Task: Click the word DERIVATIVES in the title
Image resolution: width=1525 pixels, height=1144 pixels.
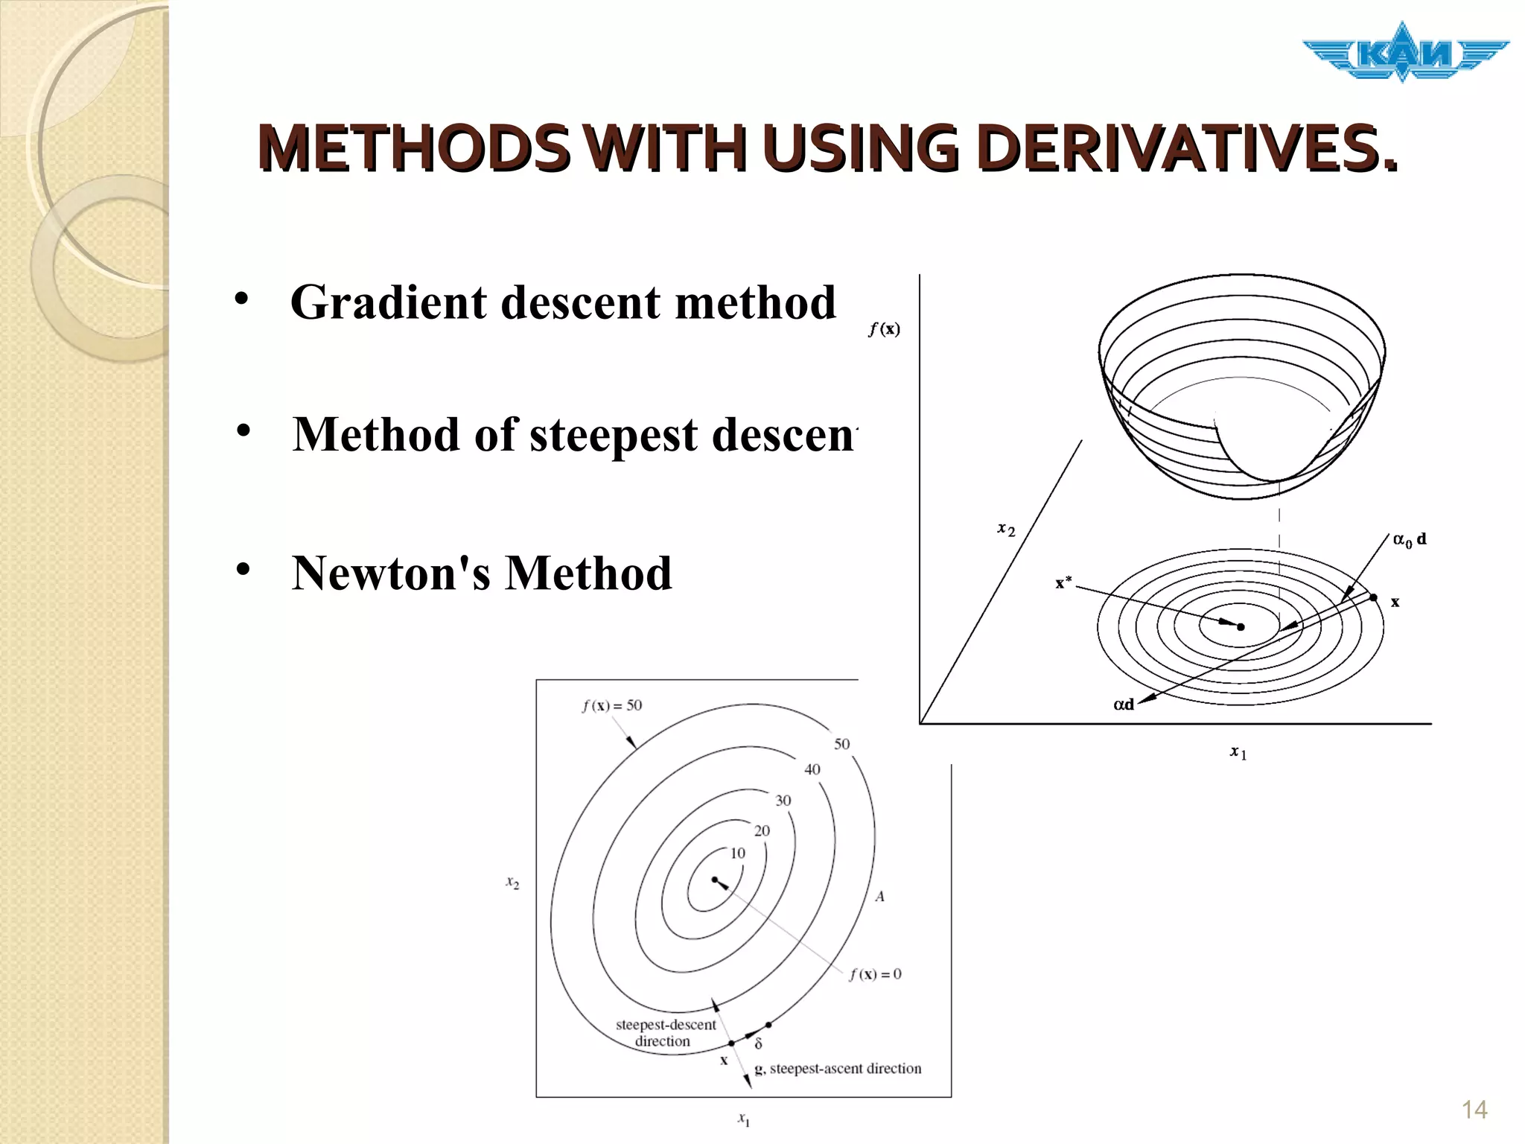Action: click(1187, 149)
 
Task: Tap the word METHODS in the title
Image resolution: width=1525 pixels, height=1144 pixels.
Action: click(413, 149)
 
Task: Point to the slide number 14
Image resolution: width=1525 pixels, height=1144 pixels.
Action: click(1474, 1110)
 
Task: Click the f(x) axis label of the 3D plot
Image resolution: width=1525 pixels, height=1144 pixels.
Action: click(884, 328)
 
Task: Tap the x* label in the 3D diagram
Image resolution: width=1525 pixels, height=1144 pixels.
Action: click(1063, 582)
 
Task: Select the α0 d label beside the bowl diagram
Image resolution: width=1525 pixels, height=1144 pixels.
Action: click(1409, 539)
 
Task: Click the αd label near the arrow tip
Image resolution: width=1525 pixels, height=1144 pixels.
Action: click(1123, 704)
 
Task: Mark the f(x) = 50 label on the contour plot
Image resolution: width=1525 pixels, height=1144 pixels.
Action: click(611, 705)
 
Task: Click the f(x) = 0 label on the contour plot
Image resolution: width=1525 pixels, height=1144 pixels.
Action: click(875, 973)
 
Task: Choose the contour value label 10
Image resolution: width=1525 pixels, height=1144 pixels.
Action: click(737, 854)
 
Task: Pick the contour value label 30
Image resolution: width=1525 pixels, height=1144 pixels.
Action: click(783, 801)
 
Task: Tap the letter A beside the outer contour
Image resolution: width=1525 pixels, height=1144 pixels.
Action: click(879, 897)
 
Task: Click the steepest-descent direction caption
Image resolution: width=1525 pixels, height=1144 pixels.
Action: click(665, 1033)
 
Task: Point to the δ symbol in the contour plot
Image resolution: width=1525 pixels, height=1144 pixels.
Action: click(758, 1044)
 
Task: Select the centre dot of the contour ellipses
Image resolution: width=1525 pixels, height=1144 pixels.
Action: click(714, 880)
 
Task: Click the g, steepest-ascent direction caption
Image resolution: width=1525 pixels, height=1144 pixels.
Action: click(838, 1069)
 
